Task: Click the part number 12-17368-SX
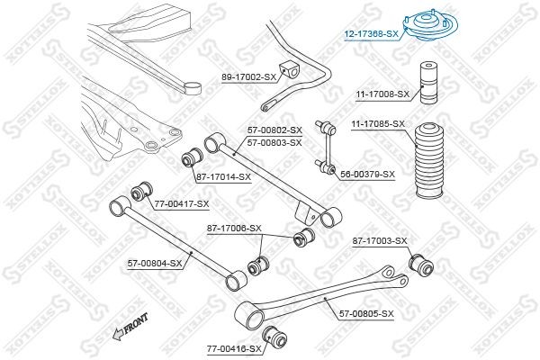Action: point(371,35)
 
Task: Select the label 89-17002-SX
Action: point(248,78)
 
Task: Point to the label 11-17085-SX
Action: point(378,123)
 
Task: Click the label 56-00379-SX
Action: point(367,174)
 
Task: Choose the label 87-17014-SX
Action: point(223,175)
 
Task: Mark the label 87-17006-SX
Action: point(234,228)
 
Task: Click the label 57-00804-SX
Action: point(155,263)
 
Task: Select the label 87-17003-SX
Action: point(380,240)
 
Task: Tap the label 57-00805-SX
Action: point(366,313)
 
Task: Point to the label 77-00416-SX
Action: point(233,348)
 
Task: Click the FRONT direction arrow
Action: point(129,330)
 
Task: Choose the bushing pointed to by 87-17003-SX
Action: point(421,265)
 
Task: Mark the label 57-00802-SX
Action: point(275,130)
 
